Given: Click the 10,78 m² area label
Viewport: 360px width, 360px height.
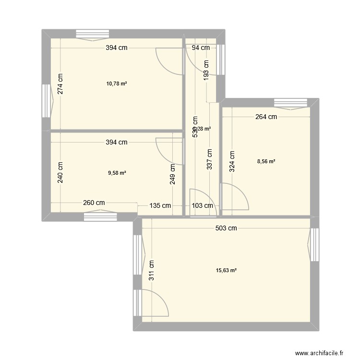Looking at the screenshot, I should [x=117, y=84].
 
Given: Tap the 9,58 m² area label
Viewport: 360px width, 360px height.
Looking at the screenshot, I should [x=117, y=173].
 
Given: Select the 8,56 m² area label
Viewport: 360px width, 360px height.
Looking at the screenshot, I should [x=266, y=162].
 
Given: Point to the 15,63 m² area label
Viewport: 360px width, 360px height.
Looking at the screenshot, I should [x=227, y=271].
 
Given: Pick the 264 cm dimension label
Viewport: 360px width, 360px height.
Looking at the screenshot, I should [x=266, y=117].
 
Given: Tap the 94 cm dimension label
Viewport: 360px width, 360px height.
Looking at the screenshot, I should [x=201, y=48].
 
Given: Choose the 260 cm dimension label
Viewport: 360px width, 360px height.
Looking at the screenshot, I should [x=94, y=203].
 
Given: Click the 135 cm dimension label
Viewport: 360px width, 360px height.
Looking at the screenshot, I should [x=160, y=206].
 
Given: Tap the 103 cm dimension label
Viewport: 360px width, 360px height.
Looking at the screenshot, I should [x=202, y=206].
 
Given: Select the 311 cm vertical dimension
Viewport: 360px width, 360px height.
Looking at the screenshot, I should [x=152, y=270].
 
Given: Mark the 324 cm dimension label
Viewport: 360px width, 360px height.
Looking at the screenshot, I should [x=232, y=162].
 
